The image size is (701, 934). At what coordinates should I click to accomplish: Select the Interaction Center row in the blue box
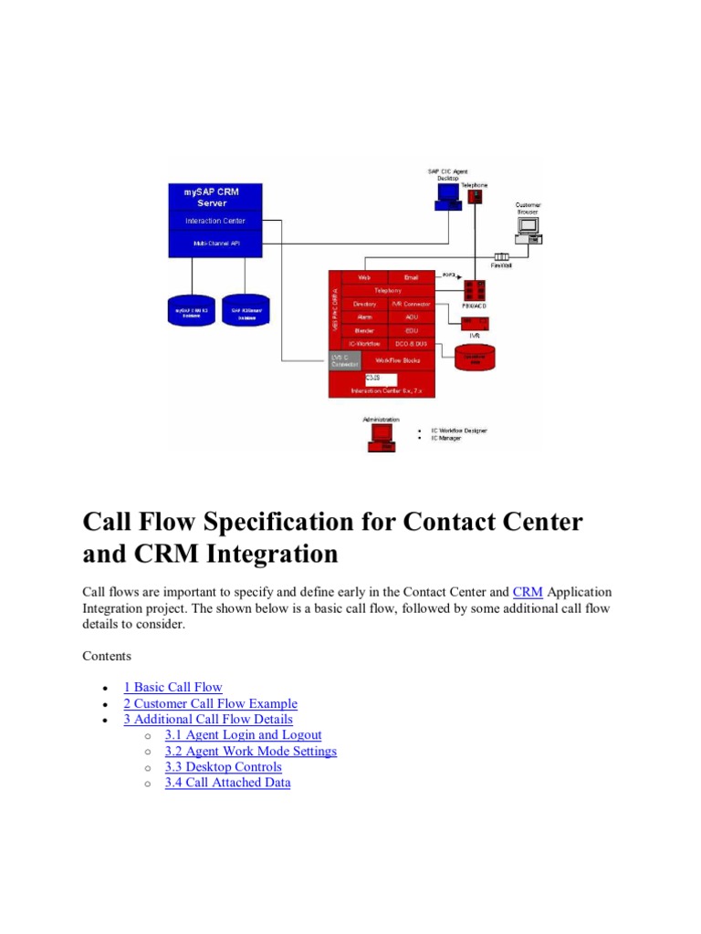coord(214,221)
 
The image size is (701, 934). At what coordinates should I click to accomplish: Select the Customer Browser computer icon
coord(528,228)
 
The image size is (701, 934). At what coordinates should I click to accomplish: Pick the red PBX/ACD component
coord(475,290)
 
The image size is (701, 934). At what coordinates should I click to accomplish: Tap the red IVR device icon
coord(475,323)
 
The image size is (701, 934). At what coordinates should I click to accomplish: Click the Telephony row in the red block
coord(388,290)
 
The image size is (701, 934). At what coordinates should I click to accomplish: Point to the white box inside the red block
coord(381,379)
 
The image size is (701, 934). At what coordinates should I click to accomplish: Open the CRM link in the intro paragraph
coord(528,592)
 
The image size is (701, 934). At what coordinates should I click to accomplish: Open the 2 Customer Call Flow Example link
coord(210,703)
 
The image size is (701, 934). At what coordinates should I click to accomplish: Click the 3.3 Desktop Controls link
coord(223,766)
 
